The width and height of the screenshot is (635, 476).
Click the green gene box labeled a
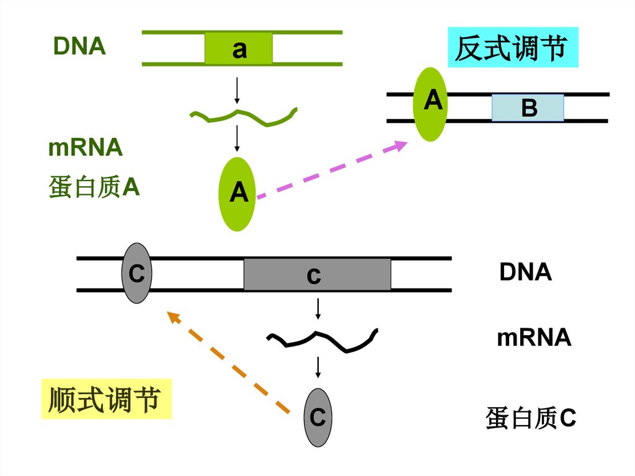pos(239,48)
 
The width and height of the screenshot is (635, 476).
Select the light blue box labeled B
pos(528,107)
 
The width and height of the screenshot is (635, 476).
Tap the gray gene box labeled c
pos(317,274)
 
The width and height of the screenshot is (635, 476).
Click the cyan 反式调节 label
pos(513,48)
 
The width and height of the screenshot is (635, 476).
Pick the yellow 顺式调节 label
pos(106,398)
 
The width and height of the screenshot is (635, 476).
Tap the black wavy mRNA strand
pos(322,340)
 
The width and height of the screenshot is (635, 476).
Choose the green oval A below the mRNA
pos(238,194)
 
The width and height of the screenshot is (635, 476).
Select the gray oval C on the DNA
pos(136,273)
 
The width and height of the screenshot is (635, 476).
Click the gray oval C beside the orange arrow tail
pos(317,417)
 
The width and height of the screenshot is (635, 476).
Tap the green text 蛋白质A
pos(94,187)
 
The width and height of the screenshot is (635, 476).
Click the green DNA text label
pos(79,47)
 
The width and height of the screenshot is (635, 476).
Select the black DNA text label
pos(525,272)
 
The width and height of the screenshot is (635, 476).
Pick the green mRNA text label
pos(86,148)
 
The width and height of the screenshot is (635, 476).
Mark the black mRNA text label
pos(534,338)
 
